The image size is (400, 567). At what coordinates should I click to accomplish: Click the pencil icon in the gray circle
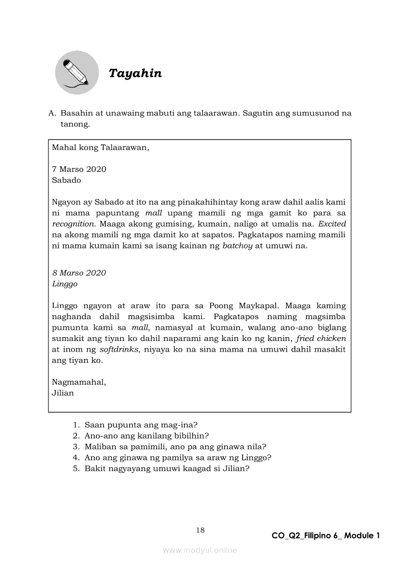point(77,72)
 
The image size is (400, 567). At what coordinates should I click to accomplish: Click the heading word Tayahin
point(135,73)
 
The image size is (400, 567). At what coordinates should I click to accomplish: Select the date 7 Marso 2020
point(79,169)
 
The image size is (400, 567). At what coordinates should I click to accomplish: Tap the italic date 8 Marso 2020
point(79,273)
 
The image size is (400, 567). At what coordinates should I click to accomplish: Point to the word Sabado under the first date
point(66,180)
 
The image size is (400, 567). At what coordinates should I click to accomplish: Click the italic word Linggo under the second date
point(64,284)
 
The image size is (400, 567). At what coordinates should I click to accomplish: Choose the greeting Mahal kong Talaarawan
point(101,147)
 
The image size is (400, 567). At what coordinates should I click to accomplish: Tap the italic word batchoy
point(237,245)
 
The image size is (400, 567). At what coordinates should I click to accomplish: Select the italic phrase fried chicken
point(321,339)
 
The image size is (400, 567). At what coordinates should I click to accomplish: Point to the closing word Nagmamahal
point(79,382)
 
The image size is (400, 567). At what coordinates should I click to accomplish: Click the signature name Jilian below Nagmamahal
point(63,393)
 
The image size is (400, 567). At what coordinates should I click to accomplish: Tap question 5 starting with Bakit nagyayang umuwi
point(167,469)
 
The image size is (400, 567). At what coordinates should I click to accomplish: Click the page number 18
point(200,530)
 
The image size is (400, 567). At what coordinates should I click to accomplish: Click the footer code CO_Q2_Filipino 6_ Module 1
point(325,536)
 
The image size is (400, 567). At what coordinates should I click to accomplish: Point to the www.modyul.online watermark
point(200,551)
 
